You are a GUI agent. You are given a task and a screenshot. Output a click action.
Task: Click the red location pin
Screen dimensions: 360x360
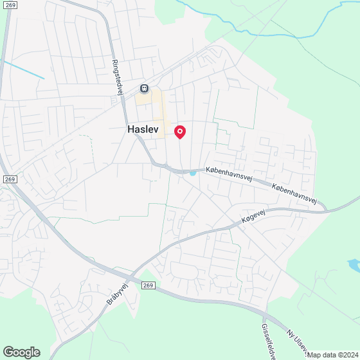pyautogui.click(x=180, y=132)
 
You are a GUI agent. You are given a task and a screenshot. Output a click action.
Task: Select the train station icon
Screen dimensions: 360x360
pyautogui.click(x=145, y=88)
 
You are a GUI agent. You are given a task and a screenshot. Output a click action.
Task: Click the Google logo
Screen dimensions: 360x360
pyautogui.click(x=21, y=352)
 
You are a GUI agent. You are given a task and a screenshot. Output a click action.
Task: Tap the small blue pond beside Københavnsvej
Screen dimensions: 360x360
pyautogui.click(x=192, y=172)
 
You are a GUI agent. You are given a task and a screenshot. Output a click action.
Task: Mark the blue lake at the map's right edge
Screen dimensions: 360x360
pyautogui.click(x=354, y=264)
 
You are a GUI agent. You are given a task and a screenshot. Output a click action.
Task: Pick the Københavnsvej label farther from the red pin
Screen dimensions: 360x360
pyautogui.click(x=294, y=192)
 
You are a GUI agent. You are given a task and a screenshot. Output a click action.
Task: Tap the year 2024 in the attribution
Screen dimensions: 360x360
pyautogui.click(x=348, y=355)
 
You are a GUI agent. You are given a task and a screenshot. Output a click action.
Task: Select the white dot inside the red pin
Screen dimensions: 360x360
pyautogui.click(x=180, y=131)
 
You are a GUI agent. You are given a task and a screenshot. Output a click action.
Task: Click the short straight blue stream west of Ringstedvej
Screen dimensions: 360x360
pyautogui.click(x=22, y=69)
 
